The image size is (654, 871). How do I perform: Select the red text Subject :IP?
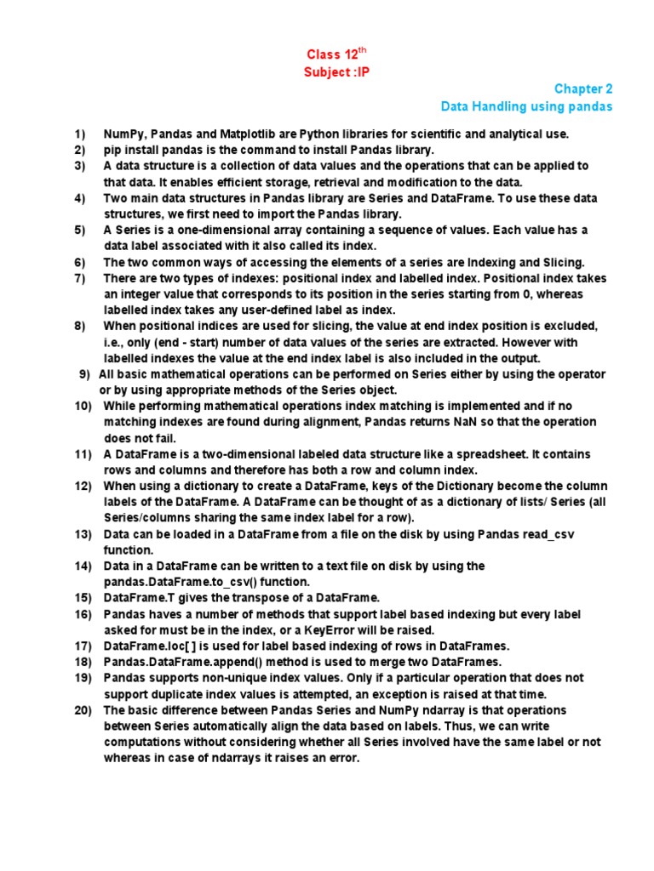337,72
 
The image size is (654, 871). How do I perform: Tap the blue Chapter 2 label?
583,89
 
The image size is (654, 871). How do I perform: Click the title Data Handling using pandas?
526,106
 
